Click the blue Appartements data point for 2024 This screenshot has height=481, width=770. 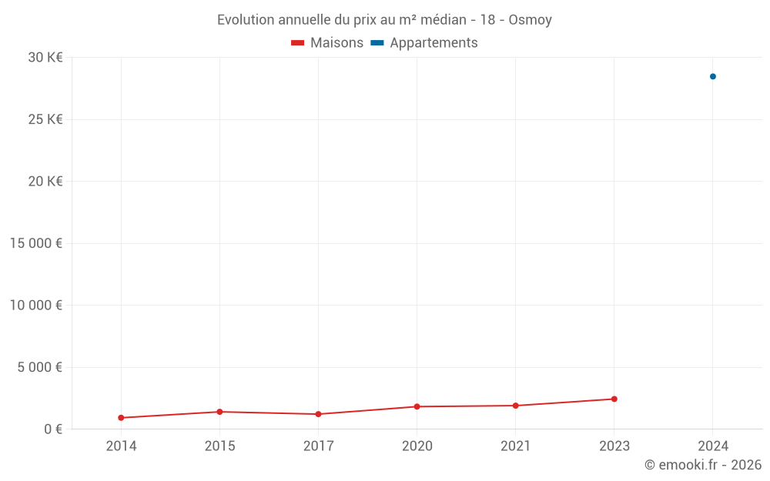[712, 76]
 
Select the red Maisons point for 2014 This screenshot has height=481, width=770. [121, 418]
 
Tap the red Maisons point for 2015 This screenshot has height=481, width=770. [219, 412]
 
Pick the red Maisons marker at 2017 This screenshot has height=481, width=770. [318, 414]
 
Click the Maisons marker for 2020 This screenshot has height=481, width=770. [417, 406]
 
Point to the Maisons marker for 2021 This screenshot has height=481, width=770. [515, 406]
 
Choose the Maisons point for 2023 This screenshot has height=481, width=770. [614, 399]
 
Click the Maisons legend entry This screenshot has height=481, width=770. [327, 43]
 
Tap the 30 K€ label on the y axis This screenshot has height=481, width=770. [45, 57]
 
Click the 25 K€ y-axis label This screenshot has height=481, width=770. [45, 119]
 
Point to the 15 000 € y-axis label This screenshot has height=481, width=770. [36, 243]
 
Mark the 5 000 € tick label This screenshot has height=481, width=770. [40, 367]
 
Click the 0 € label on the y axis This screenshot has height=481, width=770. [53, 429]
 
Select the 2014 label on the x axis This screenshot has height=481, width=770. [121, 446]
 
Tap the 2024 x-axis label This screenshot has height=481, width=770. [712, 446]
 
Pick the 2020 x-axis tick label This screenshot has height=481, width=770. [417, 446]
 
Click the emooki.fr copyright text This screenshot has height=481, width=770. [703, 465]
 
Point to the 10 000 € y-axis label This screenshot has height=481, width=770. [36, 305]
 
